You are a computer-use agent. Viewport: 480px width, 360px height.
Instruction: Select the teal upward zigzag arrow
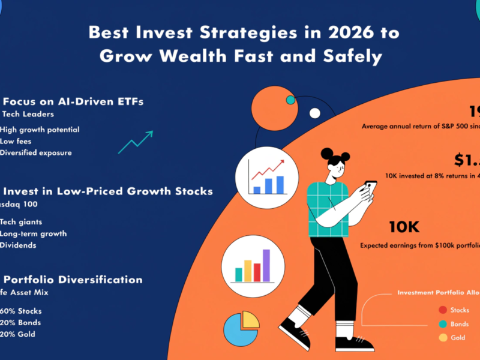[x=135, y=140]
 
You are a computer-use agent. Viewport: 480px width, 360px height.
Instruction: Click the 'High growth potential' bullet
[x=40, y=130]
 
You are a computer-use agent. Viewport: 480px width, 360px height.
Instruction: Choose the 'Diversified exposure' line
[x=36, y=152]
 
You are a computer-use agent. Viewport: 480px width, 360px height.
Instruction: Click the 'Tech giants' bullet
[x=21, y=222]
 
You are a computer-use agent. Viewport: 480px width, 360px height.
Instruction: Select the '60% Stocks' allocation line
[x=21, y=311]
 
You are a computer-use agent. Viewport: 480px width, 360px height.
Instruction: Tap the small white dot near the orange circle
[x=314, y=113]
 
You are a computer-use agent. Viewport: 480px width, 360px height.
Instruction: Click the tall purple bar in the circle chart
[x=266, y=265]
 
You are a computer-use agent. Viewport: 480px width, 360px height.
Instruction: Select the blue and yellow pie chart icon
[x=241, y=328]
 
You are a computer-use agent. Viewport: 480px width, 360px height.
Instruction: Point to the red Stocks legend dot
[x=443, y=310]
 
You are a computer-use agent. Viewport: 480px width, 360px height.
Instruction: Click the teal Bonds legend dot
[x=443, y=324]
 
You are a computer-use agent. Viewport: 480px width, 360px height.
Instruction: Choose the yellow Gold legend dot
[x=443, y=338]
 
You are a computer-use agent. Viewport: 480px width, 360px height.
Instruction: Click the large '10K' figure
[x=404, y=227]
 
